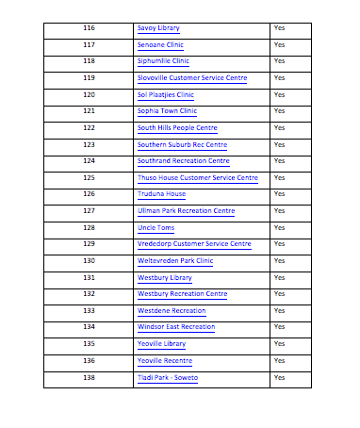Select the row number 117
click(x=89, y=45)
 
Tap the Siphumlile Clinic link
click(x=163, y=61)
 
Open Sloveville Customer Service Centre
click(x=192, y=78)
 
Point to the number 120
click(x=89, y=95)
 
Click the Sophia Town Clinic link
click(x=167, y=111)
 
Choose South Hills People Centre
click(x=177, y=128)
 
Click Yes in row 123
click(x=279, y=145)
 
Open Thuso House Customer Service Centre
click(x=197, y=178)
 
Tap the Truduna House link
click(x=161, y=194)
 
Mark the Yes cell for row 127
click(x=279, y=211)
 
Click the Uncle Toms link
click(x=156, y=227)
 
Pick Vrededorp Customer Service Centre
click(x=194, y=244)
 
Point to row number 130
click(x=89, y=261)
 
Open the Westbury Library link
click(x=164, y=278)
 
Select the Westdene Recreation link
click(x=172, y=311)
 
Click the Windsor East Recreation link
click(x=176, y=327)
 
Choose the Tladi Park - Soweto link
click(x=168, y=378)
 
